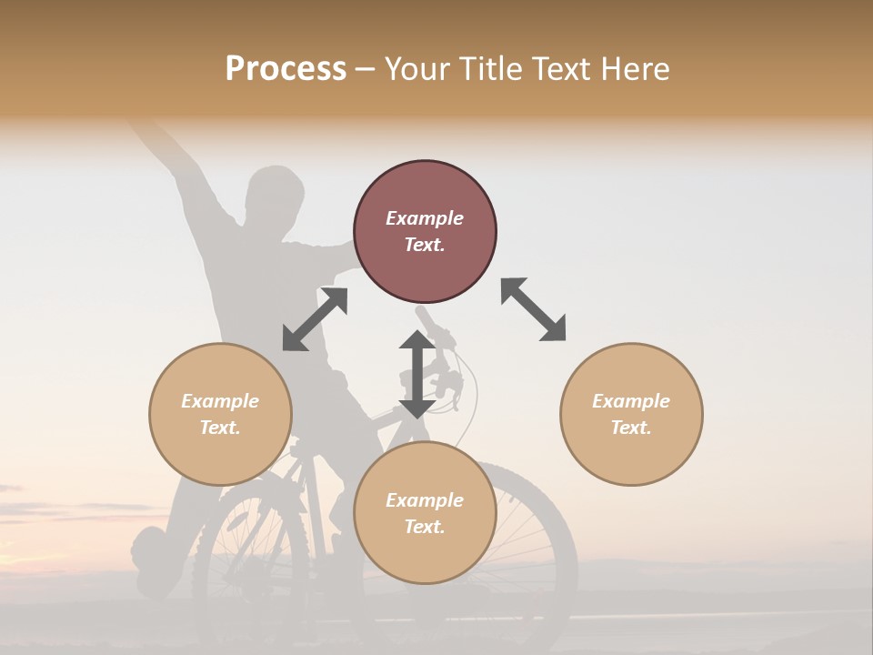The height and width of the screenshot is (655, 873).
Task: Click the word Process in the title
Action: coord(286,69)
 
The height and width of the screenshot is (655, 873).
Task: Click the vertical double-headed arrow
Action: coord(416,374)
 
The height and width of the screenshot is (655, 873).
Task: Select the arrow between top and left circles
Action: coord(315,318)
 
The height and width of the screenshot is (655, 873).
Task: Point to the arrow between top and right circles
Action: coord(534,309)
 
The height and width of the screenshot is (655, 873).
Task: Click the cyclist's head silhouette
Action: coord(275,193)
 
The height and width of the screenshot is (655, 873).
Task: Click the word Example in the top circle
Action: coord(425,218)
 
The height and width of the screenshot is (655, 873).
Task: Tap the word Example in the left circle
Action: coord(220,401)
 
